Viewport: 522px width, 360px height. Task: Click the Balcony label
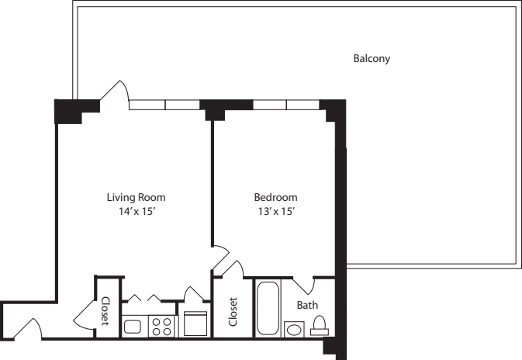coord(371,59)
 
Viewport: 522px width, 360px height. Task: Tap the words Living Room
coord(136,197)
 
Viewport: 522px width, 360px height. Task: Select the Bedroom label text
coord(275,197)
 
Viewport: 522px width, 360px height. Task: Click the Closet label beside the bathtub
coord(233,312)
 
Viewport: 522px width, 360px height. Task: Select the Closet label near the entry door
coord(105,312)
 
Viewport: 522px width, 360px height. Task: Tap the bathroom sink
coord(295,330)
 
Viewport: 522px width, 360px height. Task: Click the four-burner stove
coord(161,326)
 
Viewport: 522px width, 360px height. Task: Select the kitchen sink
coord(133,327)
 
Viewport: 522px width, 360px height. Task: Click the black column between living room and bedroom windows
coord(215,109)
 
